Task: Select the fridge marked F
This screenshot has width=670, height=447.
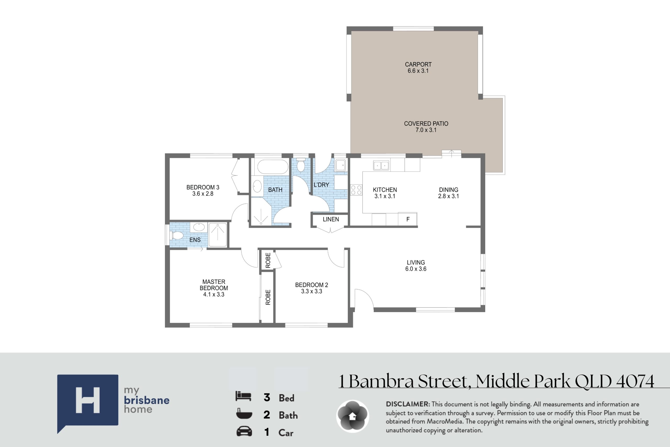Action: (408, 219)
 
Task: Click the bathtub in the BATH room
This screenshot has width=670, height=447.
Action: (273, 167)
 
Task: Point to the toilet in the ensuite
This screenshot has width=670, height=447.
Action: (176, 236)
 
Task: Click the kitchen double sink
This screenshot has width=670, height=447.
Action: (381, 165)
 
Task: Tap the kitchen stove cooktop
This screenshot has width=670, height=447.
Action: (356, 190)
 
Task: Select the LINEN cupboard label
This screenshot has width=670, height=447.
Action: (331, 219)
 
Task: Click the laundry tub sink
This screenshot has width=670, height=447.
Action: (340, 165)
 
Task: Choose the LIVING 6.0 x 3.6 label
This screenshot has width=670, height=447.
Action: (416, 266)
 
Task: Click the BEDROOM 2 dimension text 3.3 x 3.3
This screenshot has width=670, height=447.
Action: (312, 291)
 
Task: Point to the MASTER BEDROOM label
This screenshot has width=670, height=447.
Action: (214, 285)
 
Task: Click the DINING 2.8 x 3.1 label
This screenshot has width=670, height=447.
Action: (448, 193)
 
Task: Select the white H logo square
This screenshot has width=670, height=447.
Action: (88, 400)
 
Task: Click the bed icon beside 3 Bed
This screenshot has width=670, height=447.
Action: (243, 396)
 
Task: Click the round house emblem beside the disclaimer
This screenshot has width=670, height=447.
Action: (353, 416)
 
